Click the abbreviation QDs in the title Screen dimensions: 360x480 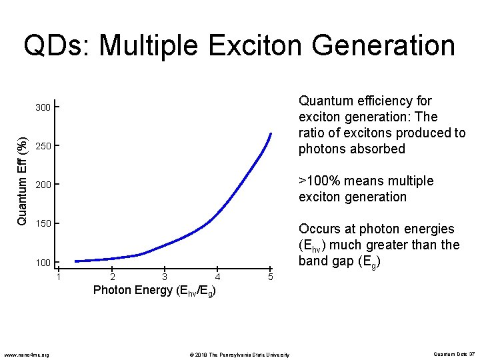click(56, 46)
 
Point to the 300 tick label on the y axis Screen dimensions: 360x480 click(43, 107)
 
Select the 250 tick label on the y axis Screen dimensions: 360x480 click(43, 146)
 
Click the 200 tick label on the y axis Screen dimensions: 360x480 click(43, 185)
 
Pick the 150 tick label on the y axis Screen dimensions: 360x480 click(43, 223)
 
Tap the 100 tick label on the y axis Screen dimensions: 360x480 click(43, 263)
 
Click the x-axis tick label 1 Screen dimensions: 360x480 click(59, 277)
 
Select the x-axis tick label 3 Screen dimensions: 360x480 click(165, 277)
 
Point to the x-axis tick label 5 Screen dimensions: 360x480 click(270, 277)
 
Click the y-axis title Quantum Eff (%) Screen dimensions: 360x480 click(21, 181)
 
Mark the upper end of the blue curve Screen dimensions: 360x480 click(271, 134)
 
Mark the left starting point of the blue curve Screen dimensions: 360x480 click(75, 261)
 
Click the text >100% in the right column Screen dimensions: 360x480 click(319, 181)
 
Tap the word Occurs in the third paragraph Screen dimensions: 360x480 click(321, 229)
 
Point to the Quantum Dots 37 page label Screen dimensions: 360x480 click(453, 354)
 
